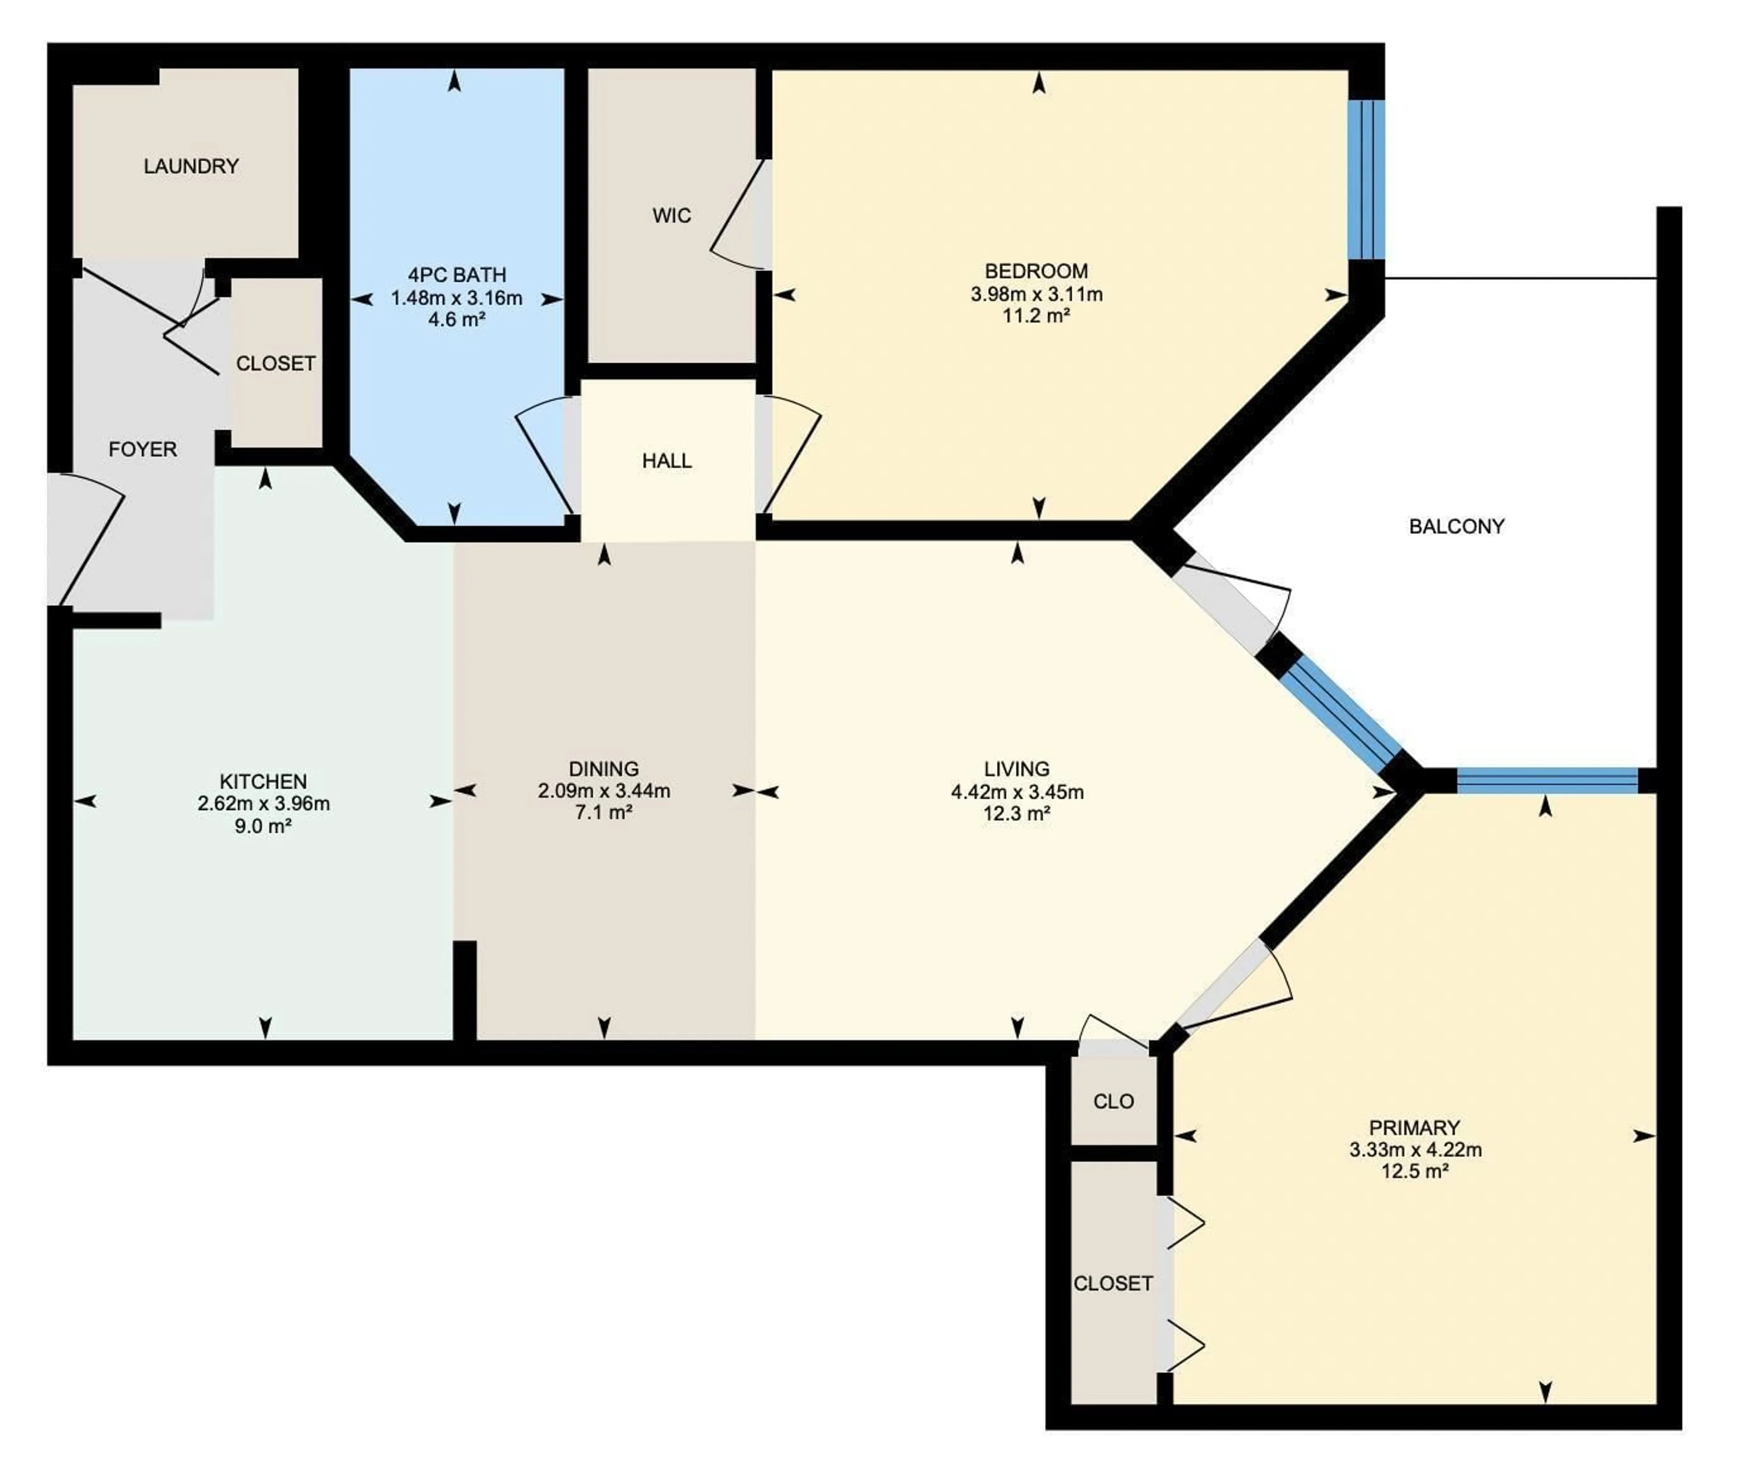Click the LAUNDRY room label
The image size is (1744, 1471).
(x=191, y=166)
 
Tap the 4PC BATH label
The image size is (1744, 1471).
(x=456, y=274)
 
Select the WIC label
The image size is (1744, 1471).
(x=671, y=216)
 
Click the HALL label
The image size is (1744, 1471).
(x=666, y=461)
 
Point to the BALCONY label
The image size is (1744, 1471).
(x=1456, y=526)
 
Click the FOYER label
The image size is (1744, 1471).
(x=143, y=450)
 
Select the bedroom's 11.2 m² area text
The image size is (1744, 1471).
(x=1036, y=315)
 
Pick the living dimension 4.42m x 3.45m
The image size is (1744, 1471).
(x=1017, y=792)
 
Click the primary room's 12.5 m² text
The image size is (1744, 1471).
(x=1415, y=1171)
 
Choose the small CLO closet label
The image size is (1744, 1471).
(x=1114, y=1102)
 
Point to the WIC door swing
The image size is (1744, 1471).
(x=738, y=217)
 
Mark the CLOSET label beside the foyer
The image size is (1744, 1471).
(x=275, y=364)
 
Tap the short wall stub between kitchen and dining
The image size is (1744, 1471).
(x=465, y=990)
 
